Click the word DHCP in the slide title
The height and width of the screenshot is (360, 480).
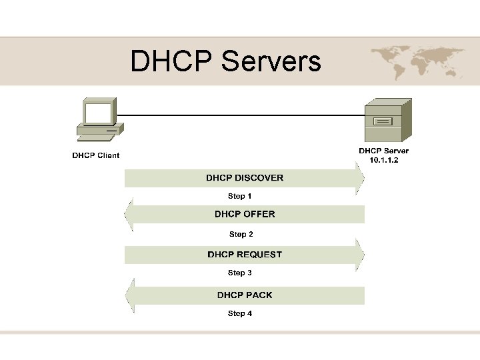(x=171, y=61)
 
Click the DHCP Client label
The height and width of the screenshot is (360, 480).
(x=96, y=156)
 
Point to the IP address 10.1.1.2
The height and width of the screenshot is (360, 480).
(x=383, y=161)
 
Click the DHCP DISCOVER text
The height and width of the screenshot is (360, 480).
(x=245, y=178)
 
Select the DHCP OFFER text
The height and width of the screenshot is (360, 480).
(x=245, y=214)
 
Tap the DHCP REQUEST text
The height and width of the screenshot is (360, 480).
(x=245, y=255)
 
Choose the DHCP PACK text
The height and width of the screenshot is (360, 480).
(x=245, y=295)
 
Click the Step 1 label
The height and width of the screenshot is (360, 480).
(x=240, y=197)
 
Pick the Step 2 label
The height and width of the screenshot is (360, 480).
(x=241, y=235)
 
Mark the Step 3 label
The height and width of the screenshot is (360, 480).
(x=240, y=273)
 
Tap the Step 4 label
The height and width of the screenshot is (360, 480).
(x=240, y=313)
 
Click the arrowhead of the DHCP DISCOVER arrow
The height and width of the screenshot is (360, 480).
(x=360, y=178)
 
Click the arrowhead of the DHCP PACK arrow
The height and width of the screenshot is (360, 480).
(x=129, y=295)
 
